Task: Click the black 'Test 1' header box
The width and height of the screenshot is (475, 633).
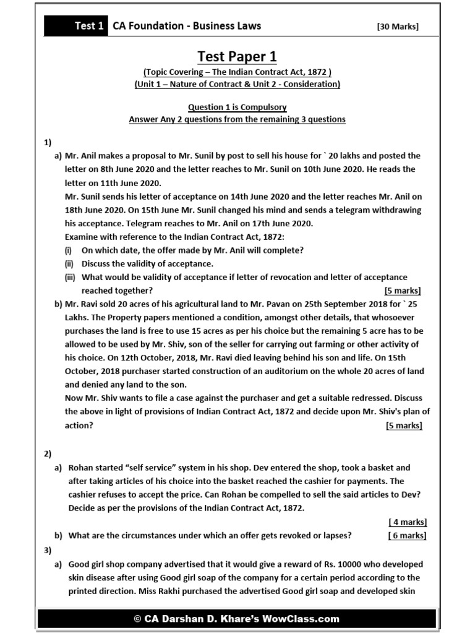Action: coord(75,25)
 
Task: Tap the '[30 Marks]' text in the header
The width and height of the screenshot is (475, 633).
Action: coord(397,26)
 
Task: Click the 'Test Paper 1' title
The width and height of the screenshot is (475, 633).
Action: coord(237,57)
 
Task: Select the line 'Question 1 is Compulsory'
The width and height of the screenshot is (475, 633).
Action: coord(237,108)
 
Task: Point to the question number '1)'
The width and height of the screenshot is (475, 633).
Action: coord(48,143)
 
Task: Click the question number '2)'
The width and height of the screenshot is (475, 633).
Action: coord(48,454)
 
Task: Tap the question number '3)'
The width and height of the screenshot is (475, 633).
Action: coord(48,550)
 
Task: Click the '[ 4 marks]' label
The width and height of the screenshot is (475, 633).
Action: coord(407,522)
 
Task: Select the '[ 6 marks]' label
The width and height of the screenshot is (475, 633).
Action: coord(407,535)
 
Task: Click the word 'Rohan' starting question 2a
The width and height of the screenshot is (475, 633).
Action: coord(82,468)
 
